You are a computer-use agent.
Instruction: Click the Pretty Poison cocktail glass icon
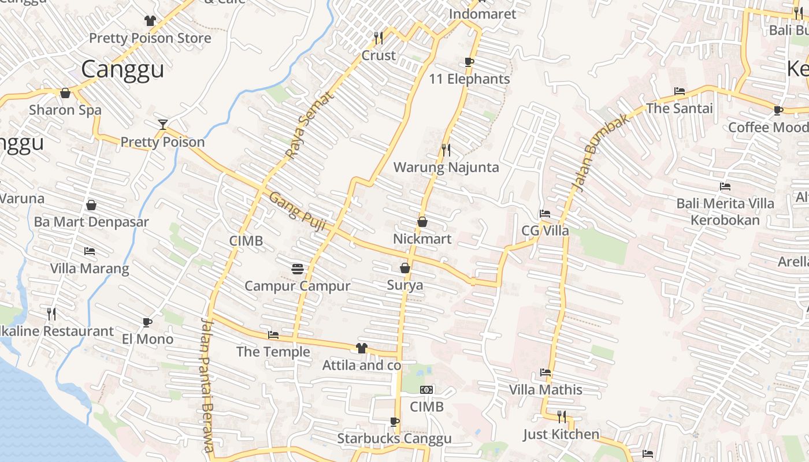point(163,124)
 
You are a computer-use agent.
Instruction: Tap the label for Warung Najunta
point(446,167)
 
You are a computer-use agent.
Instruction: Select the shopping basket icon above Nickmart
point(422,221)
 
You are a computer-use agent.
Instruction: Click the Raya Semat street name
point(310,125)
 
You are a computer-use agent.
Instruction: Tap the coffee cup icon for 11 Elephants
point(469,62)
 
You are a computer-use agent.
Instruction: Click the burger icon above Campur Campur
point(298,269)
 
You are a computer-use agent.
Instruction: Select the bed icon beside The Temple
point(273,334)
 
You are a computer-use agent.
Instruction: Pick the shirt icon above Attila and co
point(362,348)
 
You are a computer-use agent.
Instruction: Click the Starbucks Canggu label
point(394,439)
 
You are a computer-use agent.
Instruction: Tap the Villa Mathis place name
point(545,390)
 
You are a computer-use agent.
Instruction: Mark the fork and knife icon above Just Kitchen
point(561,416)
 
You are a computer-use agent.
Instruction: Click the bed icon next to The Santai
point(680,91)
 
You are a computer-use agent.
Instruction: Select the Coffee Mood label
point(768,127)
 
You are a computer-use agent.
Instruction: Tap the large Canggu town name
point(123,69)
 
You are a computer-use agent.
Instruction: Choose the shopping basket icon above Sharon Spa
point(65,92)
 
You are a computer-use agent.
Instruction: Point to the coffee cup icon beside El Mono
point(147,322)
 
